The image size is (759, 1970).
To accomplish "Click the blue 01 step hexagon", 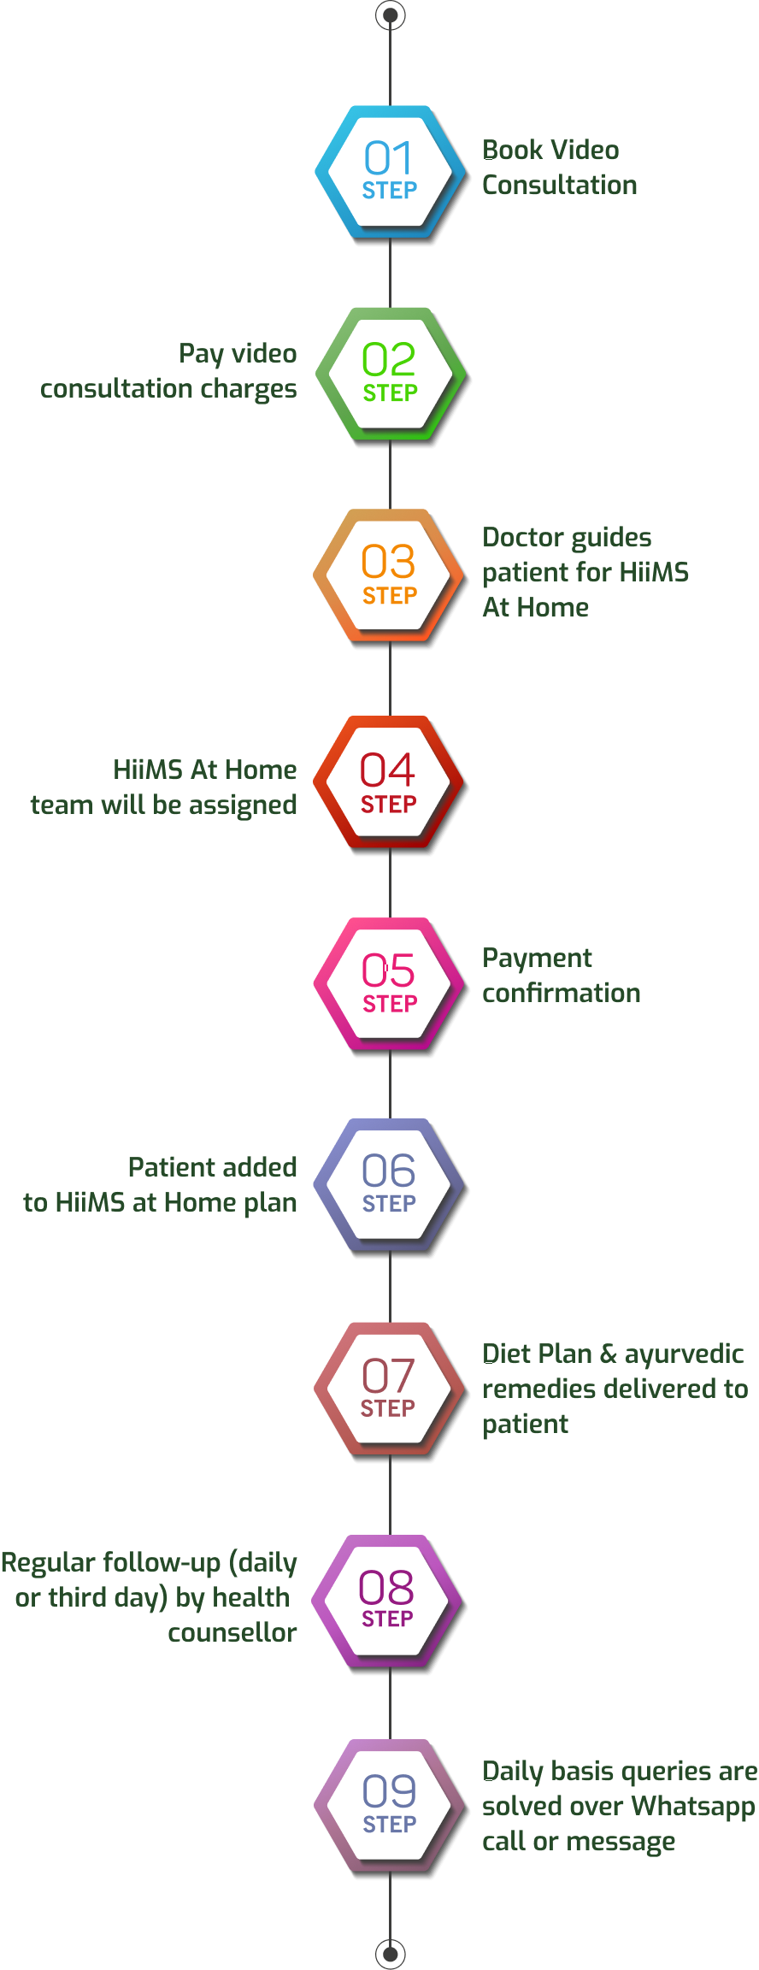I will [x=390, y=172].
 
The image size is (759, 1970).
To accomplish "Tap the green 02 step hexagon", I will [x=390, y=374].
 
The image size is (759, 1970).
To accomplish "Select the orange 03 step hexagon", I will [x=389, y=575].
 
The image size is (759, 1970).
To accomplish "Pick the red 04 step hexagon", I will [x=389, y=782].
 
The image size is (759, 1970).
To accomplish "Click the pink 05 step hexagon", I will [x=389, y=984].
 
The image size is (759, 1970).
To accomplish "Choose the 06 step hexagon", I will [x=389, y=1185].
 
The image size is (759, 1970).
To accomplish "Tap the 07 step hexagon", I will [x=389, y=1389].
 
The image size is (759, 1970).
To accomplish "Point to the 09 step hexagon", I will [x=389, y=1805].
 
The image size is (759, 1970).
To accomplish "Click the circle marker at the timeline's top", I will [x=391, y=15].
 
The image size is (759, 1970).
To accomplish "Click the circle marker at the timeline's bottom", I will [x=391, y=1953].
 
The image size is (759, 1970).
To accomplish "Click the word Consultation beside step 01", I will [x=560, y=186].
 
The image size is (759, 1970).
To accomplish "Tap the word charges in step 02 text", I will [x=250, y=389].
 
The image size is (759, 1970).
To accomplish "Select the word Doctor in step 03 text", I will [x=521, y=537].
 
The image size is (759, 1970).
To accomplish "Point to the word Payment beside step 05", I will [x=537, y=958].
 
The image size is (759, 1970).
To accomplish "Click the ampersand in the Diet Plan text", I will [x=608, y=1354].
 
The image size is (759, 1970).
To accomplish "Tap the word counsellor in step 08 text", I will [x=232, y=1632].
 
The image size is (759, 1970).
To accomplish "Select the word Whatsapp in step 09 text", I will [x=693, y=1806].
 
